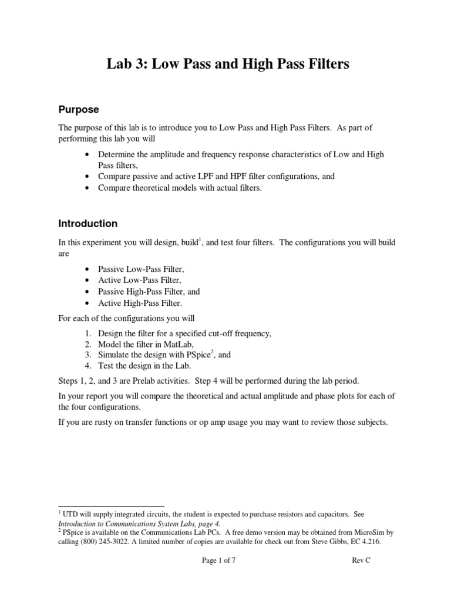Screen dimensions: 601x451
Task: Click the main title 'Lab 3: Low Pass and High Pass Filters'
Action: coord(227,64)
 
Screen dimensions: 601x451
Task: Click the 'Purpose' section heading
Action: coord(78,110)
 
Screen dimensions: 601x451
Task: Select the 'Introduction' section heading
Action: coord(87,224)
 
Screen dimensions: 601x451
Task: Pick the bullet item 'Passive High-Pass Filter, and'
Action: coord(149,292)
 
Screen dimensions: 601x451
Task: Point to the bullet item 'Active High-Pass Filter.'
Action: coord(140,303)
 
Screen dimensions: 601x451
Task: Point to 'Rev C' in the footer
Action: coord(361,561)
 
